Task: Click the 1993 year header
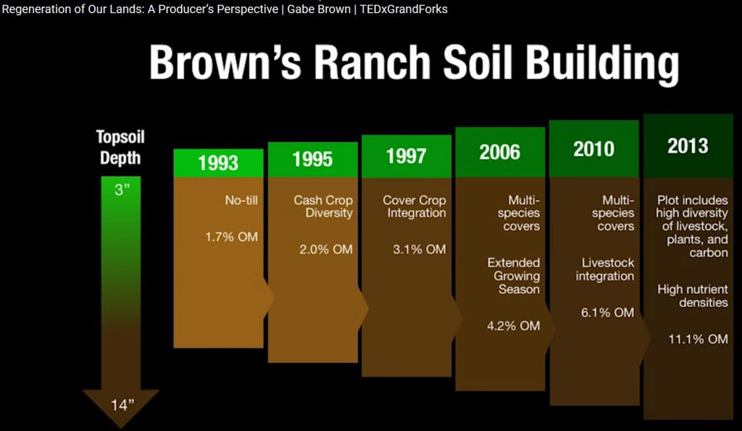[218, 162]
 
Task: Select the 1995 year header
[312, 159]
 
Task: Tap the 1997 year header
[406, 155]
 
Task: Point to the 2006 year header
[499, 151]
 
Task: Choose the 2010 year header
[593, 148]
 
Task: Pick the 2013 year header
[688, 146]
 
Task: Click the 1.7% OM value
[231, 236]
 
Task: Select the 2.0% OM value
[325, 249]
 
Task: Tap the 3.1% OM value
[419, 249]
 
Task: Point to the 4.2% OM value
[513, 326]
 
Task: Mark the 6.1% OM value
[607, 312]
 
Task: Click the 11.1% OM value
[698, 339]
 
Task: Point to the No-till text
[241, 200]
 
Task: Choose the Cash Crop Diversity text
[323, 206]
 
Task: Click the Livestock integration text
[605, 269]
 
